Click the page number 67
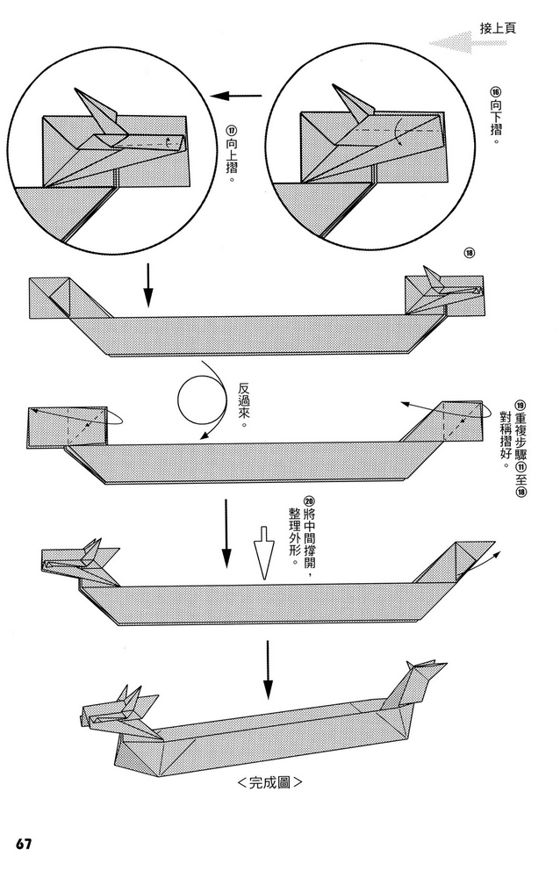click(23, 845)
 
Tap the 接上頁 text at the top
click(498, 27)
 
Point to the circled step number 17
click(232, 132)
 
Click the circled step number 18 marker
click(469, 255)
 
